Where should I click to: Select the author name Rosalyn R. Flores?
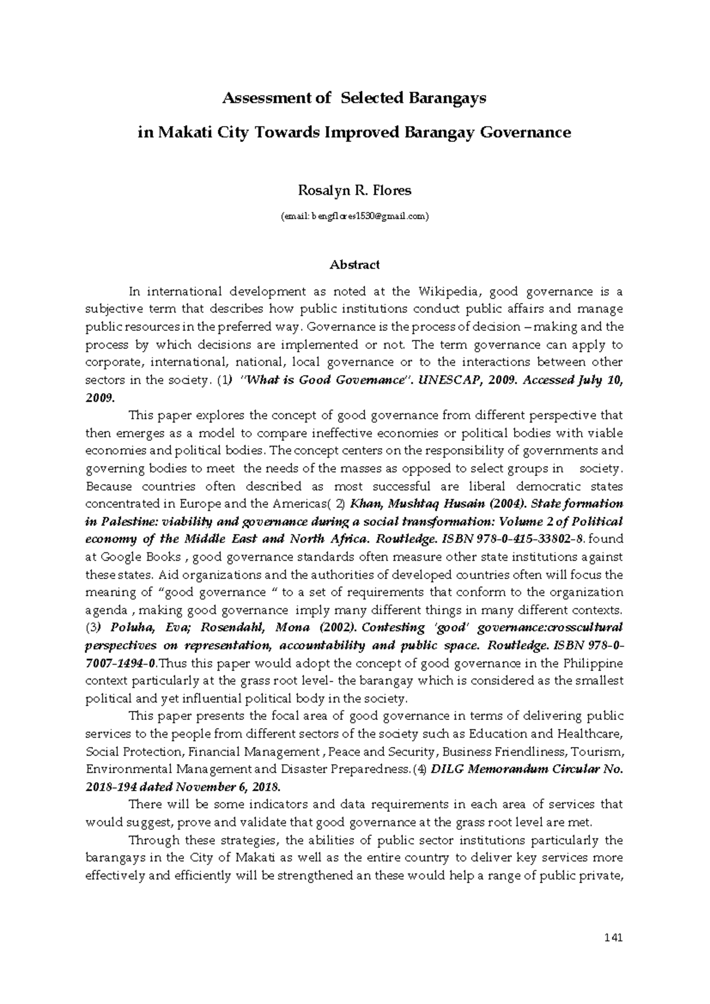coord(354,191)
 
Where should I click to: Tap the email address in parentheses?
coord(354,217)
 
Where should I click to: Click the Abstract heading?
coord(354,265)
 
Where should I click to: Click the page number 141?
coord(615,938)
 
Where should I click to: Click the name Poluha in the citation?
coord(131,627)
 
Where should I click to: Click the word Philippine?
coord(593,663)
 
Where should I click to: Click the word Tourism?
coord(603,752)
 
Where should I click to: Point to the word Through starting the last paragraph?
coord(151,841)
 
